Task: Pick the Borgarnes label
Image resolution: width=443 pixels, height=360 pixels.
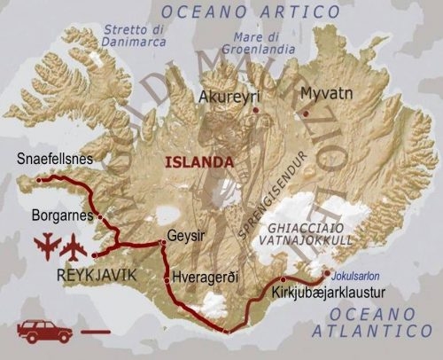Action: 61,215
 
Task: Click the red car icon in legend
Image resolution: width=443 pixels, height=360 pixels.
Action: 43,331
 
